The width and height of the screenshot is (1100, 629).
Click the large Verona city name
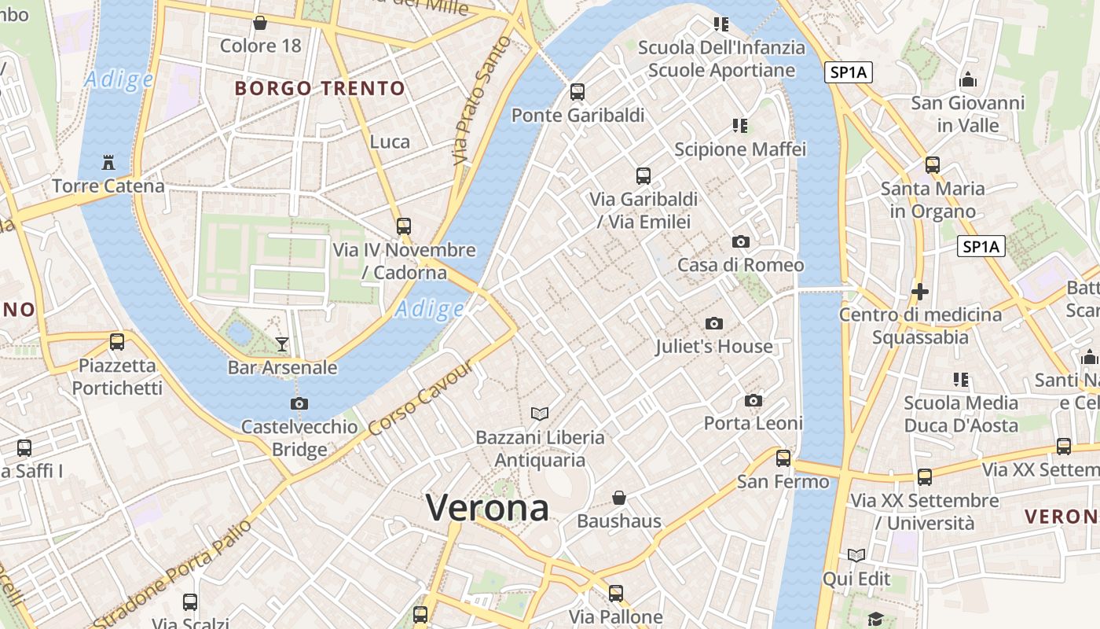[487, 507]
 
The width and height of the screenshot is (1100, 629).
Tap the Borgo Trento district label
[320, 88]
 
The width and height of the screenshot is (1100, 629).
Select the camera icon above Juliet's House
[713, 323]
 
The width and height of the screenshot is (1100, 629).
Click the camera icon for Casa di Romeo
[740, 241]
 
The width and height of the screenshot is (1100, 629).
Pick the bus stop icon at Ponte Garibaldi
[577, 92]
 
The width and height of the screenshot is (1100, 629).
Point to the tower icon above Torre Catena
[108, 163]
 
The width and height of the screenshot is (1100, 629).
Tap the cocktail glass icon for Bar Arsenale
[282, 344]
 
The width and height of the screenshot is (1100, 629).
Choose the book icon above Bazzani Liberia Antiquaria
[540, 414]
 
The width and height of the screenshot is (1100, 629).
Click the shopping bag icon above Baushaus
[619, 498]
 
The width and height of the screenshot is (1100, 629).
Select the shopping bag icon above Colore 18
[260, 23]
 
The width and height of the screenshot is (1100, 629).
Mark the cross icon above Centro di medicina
[919, 292]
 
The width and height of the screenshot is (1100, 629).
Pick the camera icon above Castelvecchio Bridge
[299, 403]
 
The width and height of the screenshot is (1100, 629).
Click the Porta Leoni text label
[753, 423]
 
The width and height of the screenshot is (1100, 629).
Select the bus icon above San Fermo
[783, 458]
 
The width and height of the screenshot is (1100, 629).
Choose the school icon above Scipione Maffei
[739, 125]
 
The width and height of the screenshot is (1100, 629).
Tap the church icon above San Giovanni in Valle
[968, 79]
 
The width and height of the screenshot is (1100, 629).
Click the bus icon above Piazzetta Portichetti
[117, 342]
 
